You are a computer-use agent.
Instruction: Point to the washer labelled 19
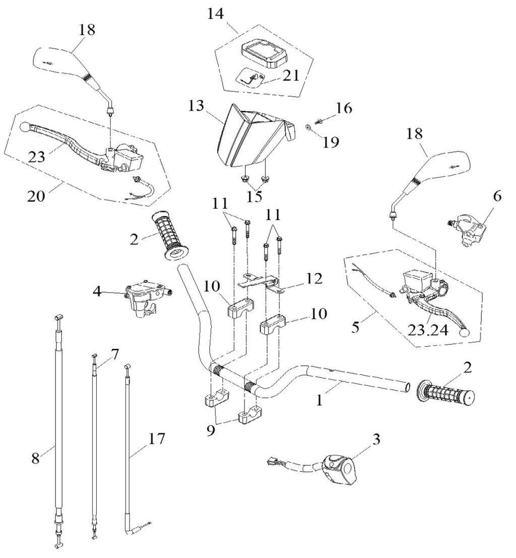point(308,126)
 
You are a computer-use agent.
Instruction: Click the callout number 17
point(156,439)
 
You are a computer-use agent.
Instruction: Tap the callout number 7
point(114,355)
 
